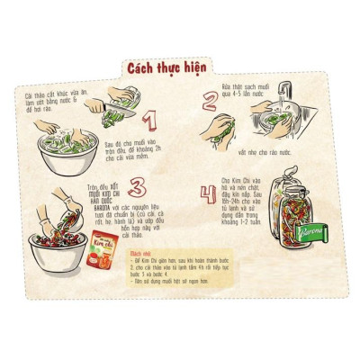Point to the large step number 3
coord(137,189)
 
